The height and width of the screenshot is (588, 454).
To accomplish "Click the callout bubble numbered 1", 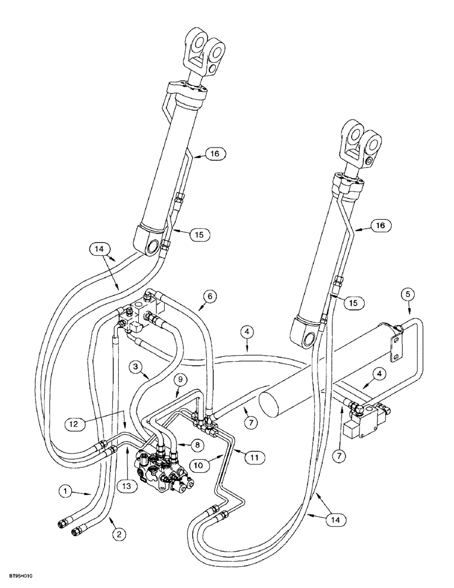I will click(66, 489).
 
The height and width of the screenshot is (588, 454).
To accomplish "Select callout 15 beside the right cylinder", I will click(352, 302).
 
